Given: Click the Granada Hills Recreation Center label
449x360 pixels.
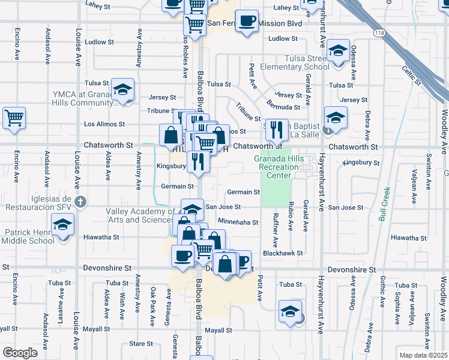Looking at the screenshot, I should click(x=280, y=166).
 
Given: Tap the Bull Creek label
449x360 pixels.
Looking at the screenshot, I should click(x=385, y=204).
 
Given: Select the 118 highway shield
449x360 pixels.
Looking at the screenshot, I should click(x=378, y=31).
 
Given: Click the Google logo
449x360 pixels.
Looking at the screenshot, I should click(x=20, y=352).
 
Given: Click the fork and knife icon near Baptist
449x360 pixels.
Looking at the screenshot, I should click(x=276, y=128).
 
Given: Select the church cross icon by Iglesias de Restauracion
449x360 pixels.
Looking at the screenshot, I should click(x=82, y=202).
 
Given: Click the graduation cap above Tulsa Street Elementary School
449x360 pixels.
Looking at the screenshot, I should click(x=339, y=50).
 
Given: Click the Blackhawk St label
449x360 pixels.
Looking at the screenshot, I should click(x=282, y=253).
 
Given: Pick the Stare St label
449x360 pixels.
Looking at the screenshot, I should click(x=141, y=344).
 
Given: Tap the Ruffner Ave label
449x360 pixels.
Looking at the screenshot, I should click(x=276, y=230).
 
